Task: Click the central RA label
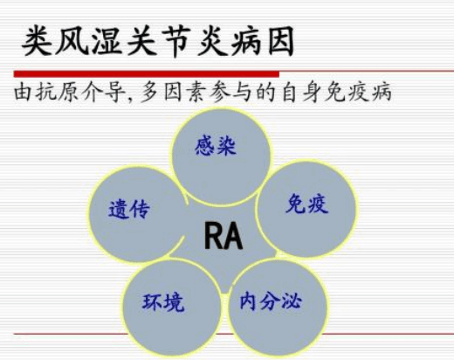click(x=224, y=236)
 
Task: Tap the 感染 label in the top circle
click(x=216, y=146)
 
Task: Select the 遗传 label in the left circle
click(x=129, y=209)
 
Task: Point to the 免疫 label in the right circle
click(x=307, y=204)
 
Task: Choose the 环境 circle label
click(x=163, y=302)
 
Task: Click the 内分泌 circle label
click(x=271, y=301)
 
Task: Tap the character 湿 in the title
click(x=107, y=41)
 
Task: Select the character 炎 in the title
click(x=212, y=41)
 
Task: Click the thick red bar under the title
click(x=147, y=74)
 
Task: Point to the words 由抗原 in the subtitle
click(x=46, y=92)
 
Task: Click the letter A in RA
click(x=233, y=236)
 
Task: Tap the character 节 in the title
click(x=177, y=41)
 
